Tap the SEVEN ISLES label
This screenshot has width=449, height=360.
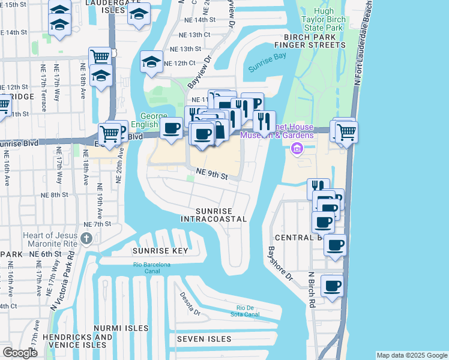204,339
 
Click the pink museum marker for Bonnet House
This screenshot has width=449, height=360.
296,148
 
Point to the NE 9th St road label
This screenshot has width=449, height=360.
212,175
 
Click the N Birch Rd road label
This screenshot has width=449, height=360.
311,290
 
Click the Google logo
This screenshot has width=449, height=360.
20,352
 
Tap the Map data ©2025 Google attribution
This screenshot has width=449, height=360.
411,355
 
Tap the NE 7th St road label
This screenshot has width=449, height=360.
97,224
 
